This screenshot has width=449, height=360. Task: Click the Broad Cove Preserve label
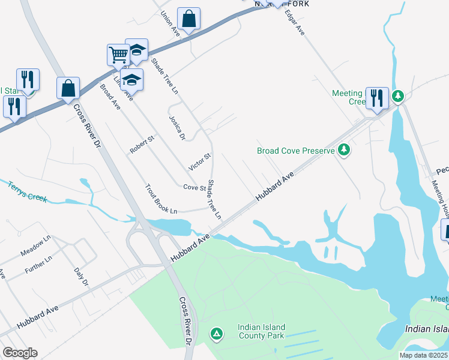tap(295, 151)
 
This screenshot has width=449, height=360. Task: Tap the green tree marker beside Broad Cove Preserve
tap(344, 149)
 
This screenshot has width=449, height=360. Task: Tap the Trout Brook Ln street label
tap(161, 199)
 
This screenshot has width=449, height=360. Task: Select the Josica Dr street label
tap(176, 128)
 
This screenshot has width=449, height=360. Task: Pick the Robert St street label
tap(143, 145)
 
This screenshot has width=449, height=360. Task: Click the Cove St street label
tap(195, 188)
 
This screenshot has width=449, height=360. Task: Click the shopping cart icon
tap(118, 55)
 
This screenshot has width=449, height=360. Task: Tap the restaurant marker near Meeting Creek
tap(376, 98)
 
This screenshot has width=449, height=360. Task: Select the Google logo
tap(20, 353)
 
